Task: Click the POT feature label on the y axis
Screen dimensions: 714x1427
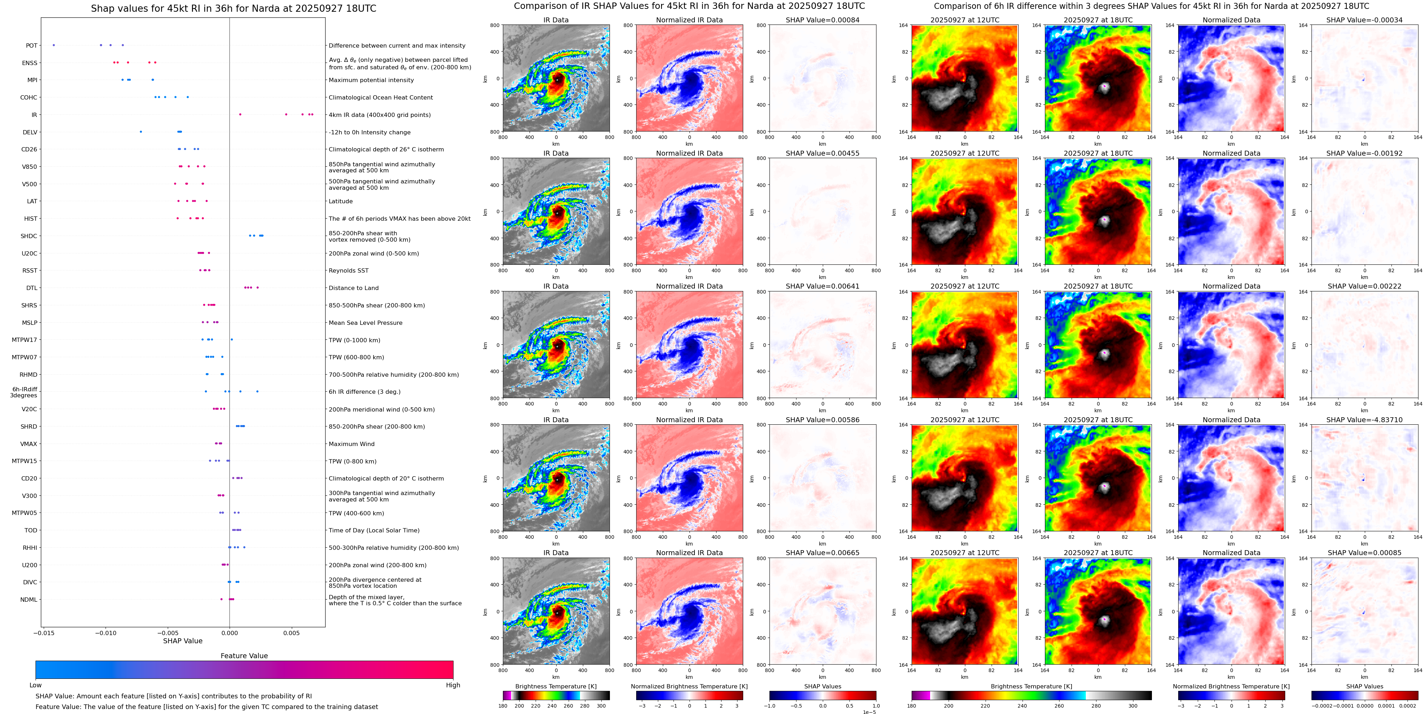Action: (x=32, y=46)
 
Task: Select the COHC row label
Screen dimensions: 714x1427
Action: (x=29, y=97)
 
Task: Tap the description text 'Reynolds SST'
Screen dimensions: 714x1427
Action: (x=348, y=271)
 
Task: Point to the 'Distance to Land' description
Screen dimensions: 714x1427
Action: (x=353, y=288)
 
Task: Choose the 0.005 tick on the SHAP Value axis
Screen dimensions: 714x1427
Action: (x=291, y=633)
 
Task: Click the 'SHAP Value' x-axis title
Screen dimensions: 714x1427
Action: (x=183, y=641)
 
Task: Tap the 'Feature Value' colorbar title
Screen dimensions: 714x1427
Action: (x=244, y=656)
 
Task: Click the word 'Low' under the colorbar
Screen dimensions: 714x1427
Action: (x=36, y=685)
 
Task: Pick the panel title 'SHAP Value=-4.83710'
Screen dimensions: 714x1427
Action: (x=1364, y=420)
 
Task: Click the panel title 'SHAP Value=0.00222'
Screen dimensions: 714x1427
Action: (x=1364, y=286)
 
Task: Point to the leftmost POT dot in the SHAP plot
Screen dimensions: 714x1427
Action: (x=54, y=45)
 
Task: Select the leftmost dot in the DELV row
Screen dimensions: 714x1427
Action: (x=141, y=132)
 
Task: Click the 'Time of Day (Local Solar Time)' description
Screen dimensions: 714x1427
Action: (x=374, y=531)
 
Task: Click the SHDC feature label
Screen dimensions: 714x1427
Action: (x=29, y=236)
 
